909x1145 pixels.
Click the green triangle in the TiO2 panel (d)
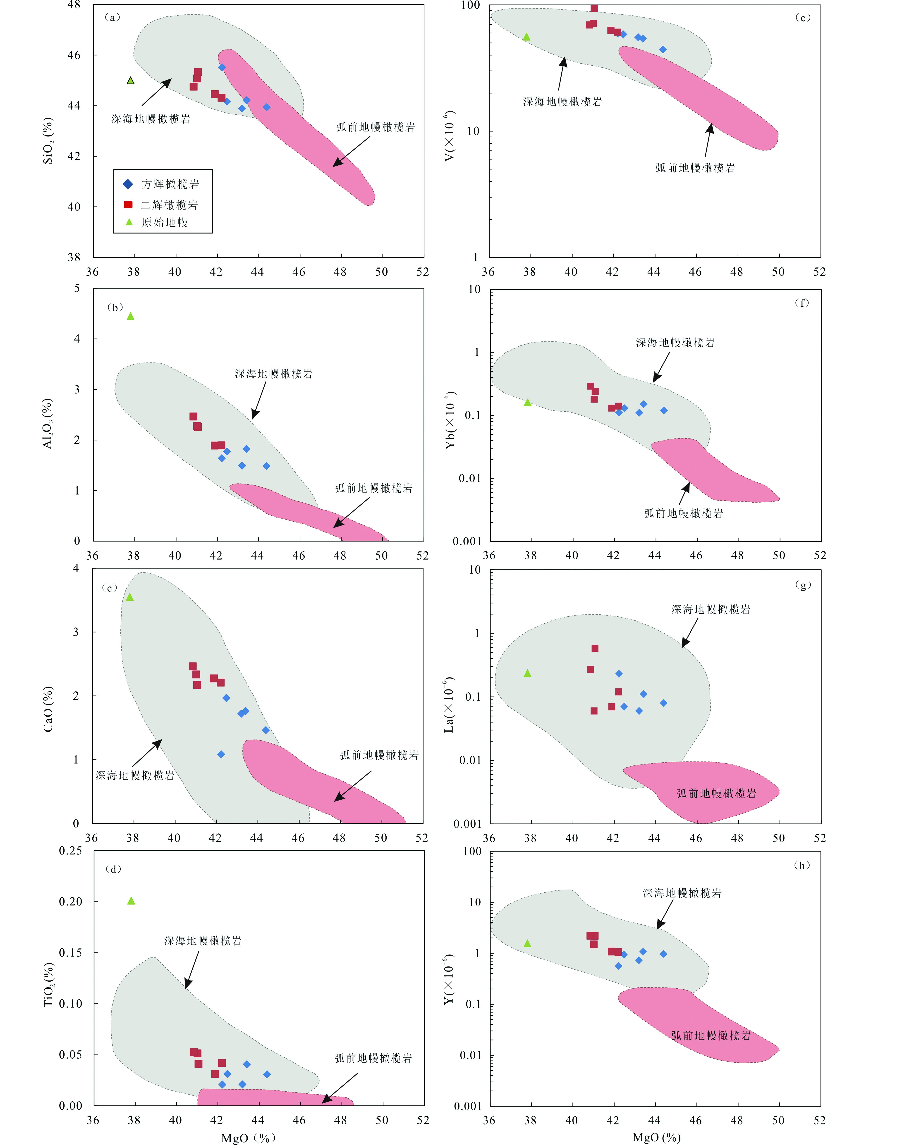pos(131,901)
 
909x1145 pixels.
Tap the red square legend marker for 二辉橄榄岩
pos(128,205)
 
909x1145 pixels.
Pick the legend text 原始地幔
pos(165,222)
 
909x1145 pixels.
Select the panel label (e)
pos(802,17)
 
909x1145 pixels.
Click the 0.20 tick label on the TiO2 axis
pos(71,901)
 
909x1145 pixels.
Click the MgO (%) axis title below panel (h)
pos(657,1137)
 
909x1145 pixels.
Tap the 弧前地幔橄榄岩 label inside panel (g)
pos(716,793)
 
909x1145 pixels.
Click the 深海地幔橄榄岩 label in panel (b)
pos(274,374)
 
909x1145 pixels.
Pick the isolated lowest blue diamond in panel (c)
pos(221,754)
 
